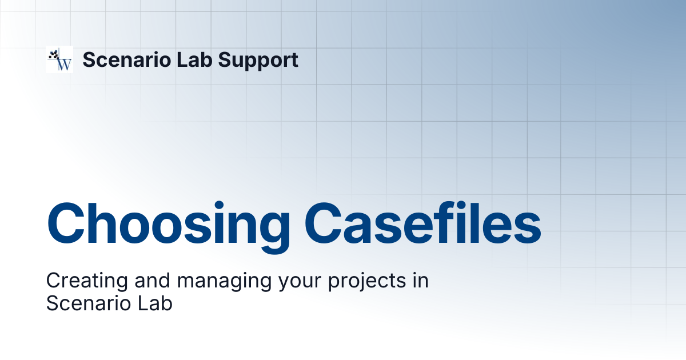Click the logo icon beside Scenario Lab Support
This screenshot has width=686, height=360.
[x=59, y=59]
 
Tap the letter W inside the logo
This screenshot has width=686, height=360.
[x=65, y=64]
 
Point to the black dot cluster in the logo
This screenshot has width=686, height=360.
[x=54, y=54]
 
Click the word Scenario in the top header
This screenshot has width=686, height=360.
[x=127, y=59]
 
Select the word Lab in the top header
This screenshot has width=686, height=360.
[x=194, y=59]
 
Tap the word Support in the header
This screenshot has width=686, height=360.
[x=258, y=61]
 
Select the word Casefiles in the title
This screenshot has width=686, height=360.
[x=422, y=223]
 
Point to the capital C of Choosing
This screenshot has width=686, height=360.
[x=66, y=223]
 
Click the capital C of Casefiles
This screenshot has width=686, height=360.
[x=323, y=223]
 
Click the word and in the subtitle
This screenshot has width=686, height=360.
[x=153, y=281]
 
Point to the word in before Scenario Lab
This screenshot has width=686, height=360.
[x=420, y=281]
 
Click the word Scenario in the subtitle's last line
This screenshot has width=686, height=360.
[x=89, y=303]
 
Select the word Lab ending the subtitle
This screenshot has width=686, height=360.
[x=155, y=303]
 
